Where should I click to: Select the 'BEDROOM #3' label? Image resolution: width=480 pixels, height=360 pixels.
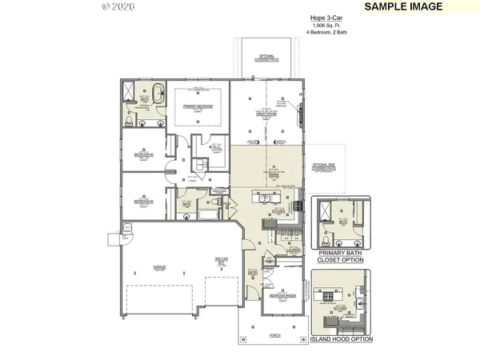pos(144,200)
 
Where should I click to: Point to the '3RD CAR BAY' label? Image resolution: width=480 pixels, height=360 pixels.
pos(222,259)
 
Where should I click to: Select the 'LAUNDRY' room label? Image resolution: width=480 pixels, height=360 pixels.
pos(293,249)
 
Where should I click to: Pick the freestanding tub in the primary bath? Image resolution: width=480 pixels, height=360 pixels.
pos(154,90)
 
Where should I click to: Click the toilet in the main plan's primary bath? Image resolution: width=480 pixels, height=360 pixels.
pos(140,122)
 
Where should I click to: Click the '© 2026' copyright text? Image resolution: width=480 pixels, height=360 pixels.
pos(118,6)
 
